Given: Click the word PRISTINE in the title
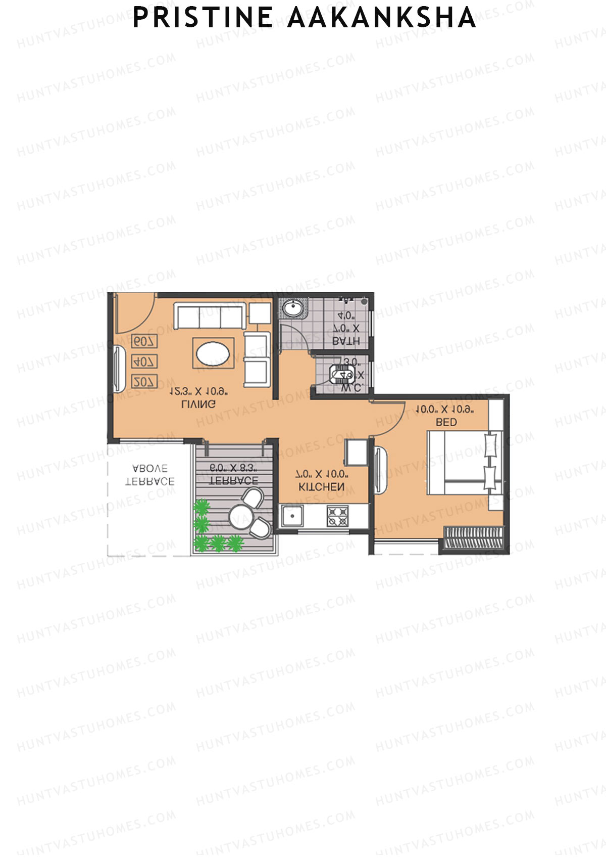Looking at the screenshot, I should [203, 18].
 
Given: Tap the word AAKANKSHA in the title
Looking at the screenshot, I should [382, 18].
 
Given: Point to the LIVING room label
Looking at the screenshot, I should [198, 404].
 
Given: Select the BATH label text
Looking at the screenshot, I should [346, 341].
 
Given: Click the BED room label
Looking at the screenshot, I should [446, 422].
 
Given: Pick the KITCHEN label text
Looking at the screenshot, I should [322, 487].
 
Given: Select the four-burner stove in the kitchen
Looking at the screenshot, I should [337, 516].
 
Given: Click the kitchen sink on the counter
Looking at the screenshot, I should [292, 516].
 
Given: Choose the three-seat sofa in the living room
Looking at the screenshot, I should [210, 316].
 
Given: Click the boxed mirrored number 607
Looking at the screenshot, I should [144, 342].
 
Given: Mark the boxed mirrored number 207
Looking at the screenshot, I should [144, 382].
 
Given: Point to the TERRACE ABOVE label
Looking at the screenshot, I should [149, 475].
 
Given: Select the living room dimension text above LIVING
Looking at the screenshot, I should [198, 391].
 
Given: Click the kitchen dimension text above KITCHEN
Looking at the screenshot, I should [322, 474].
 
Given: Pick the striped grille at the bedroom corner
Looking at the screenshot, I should [473, 537].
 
